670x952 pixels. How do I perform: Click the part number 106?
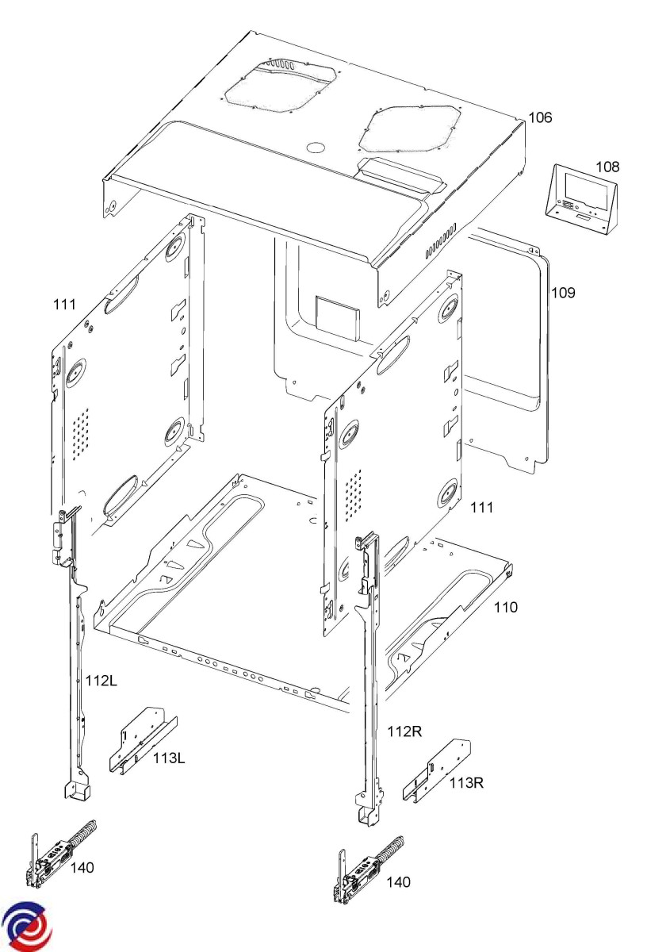(540, 118)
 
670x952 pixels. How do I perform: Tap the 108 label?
(608, 167)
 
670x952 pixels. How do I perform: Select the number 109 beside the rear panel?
(563, 293)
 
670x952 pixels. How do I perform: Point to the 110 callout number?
(506, 608)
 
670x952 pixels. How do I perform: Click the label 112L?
(101, 681)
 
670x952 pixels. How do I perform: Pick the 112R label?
(404, 731)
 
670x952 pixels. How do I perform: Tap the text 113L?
(169, 758)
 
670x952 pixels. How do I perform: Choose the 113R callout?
(466, 783)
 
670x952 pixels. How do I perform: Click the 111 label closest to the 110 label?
(481, 506)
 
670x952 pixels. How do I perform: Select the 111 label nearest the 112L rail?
(64, 305)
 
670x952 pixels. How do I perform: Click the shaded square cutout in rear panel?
(338, 314)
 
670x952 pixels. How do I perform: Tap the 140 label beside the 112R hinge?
(399, 882)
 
